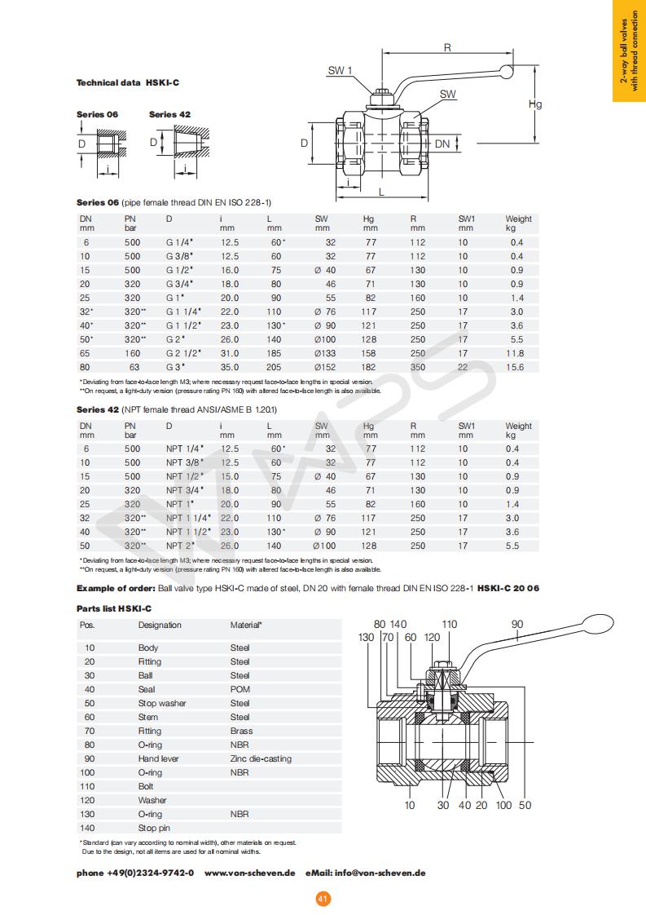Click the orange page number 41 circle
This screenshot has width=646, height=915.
point(323,899)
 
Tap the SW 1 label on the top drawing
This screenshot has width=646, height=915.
point(340,71)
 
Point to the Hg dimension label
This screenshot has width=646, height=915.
point(535,104)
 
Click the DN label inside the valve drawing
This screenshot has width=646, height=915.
point(442,144)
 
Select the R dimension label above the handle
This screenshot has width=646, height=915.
point(447,48)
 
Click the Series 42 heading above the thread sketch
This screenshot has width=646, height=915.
point(169,114)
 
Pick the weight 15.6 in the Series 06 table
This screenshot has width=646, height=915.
point(514,367)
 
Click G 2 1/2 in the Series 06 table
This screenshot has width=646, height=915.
point(184,353)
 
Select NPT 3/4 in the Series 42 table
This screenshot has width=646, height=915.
point(185,490)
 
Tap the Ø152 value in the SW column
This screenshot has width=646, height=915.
point(325,367)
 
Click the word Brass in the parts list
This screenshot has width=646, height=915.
point(241,731)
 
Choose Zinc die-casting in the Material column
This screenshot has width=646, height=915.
point(261,758)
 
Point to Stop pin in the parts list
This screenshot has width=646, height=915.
point(154,828)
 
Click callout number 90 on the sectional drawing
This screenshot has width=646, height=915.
point(517,625)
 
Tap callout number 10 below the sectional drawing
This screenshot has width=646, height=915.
point(410,805)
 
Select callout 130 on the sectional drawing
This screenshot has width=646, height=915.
point(367,637)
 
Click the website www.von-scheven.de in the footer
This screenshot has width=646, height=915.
point(249,873)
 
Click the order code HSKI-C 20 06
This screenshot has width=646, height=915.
point(508,588)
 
